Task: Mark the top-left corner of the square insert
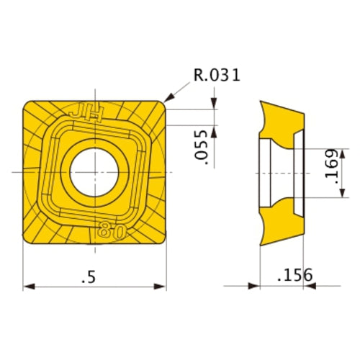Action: [27, 104]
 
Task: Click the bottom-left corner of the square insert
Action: [27, 241]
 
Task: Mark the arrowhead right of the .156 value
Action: [308, 286]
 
